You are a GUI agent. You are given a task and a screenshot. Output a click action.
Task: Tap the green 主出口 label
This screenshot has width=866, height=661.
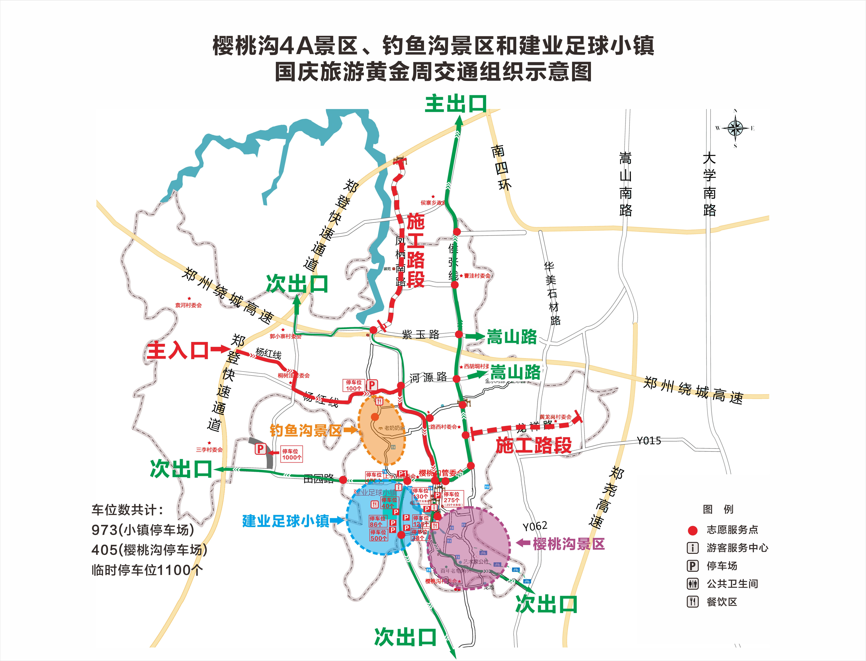[456, 104]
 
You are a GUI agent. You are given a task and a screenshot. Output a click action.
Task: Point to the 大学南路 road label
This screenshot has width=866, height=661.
[709, 184]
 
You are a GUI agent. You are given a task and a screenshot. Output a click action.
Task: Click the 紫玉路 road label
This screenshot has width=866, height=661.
[420, 334]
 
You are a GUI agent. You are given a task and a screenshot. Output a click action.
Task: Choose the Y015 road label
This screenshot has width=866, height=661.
[649, 441]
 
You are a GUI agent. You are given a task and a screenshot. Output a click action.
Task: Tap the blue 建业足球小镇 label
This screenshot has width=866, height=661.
[286, 521]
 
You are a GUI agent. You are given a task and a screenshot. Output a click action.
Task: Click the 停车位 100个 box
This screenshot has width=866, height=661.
[353, 385]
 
